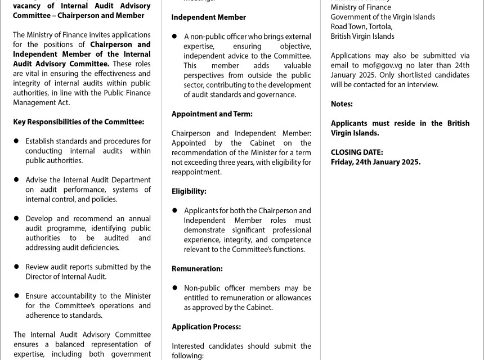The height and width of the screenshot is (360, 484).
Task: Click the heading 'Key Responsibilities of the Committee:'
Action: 78,122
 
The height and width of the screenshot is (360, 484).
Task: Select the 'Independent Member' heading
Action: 208,17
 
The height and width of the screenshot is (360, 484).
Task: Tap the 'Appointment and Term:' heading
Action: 212,114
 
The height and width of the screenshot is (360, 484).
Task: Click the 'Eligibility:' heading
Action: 189,192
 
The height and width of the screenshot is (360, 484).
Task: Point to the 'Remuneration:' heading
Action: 197,269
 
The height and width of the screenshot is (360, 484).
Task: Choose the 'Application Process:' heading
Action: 206,327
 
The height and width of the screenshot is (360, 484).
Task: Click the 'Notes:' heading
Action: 342,104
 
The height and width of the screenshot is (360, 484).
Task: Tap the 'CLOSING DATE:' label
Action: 357,152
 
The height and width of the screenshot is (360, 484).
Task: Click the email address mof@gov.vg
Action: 382,65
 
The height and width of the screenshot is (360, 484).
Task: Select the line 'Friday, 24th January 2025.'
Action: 375,162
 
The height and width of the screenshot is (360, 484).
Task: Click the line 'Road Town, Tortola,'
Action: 361,26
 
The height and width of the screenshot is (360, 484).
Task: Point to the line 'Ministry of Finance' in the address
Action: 361,7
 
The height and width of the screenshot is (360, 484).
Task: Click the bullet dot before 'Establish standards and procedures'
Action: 16,141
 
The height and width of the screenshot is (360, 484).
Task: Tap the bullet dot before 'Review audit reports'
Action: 16,267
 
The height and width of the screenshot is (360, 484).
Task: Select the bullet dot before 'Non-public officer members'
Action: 175,288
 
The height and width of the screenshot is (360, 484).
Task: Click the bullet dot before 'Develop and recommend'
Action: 16,219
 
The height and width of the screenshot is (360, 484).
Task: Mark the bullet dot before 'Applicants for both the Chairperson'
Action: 175,211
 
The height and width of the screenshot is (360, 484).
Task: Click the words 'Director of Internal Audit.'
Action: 66,277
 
